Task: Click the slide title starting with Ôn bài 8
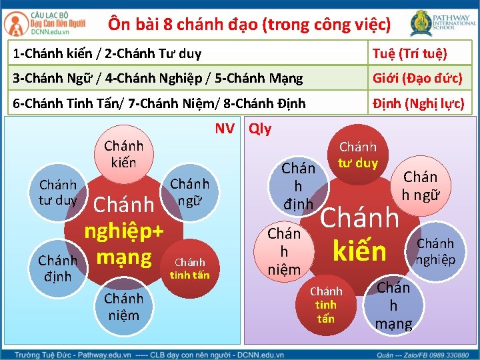point(249,25)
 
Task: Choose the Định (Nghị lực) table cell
point(419,104)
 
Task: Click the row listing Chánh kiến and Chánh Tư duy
point(187,53)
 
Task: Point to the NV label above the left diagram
point(225,128)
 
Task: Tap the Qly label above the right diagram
point(260,128)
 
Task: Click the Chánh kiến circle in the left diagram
point(124,154)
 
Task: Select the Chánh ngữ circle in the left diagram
point(190,191)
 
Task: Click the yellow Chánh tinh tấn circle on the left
point(190,268)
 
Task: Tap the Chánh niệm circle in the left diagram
point(123,306)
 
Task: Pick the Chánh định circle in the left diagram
point(57,267)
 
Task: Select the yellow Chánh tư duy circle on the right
point(358,155)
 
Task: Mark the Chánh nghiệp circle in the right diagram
point(435,251)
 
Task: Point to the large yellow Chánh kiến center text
point(360,233)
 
